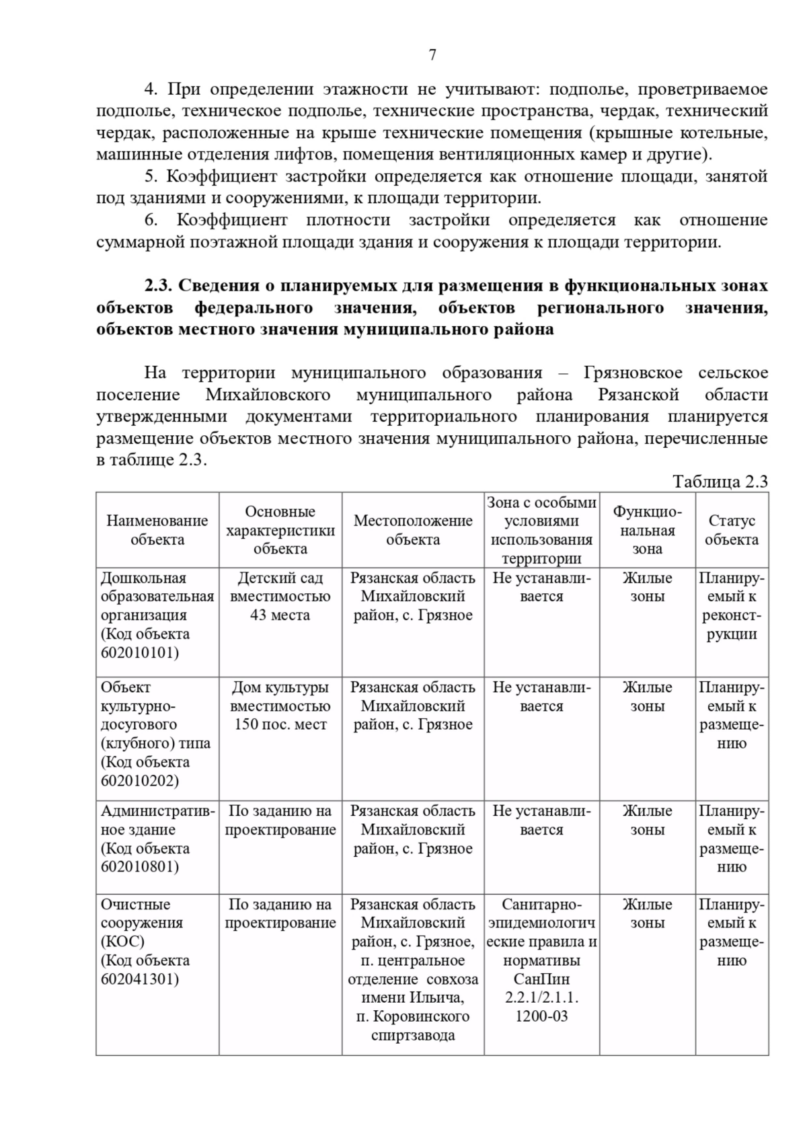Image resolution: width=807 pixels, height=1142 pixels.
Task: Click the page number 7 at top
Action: pyautogui.click(x=432, y=55)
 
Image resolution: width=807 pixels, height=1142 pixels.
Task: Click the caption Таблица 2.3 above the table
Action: pyautogui.click(x=720, y=482)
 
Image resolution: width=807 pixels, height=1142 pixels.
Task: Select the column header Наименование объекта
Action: pyautogui.click(x=157, y=530)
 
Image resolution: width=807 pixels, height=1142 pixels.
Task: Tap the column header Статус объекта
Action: pyautogui.click(x=732, y=530)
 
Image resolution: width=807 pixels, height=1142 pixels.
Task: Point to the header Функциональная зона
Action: pyautogui.click(x=647, y=530)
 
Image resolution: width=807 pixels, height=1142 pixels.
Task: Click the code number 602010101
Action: pyautogui.click(x=140, y=652)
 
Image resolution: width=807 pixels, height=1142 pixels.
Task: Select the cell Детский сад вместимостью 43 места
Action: pyautogui.click(x=280, y=597)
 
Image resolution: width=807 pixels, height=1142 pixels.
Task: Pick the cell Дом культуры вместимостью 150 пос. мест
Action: pyautogui.click(x=280, y=706)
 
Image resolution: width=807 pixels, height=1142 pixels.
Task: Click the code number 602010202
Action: pyautogui.click(x=140, y=781)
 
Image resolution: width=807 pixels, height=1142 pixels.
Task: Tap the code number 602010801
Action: pyautogui.click(x=140, y=866)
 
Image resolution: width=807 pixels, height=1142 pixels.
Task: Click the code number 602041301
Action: pyautogui.click(x=140, y=979)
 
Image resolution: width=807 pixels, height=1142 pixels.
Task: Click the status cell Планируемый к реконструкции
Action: pyautogui.click(x=732, y=606)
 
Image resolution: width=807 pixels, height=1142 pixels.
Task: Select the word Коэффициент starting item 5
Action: pyautogui.click(x=221, y=177)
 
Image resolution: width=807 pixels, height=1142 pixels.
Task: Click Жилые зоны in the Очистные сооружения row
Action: pyautogui.click(x=647, y=913)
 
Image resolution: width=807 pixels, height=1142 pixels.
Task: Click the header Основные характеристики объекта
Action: pyautogui.click(x=280, y=530)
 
